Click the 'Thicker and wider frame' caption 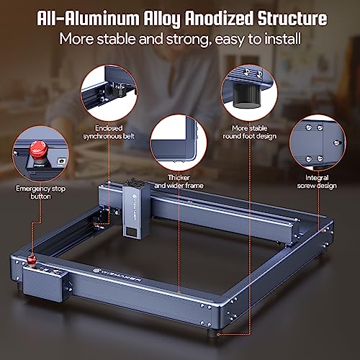tap(180, 181)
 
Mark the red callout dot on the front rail tap(180, 291)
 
